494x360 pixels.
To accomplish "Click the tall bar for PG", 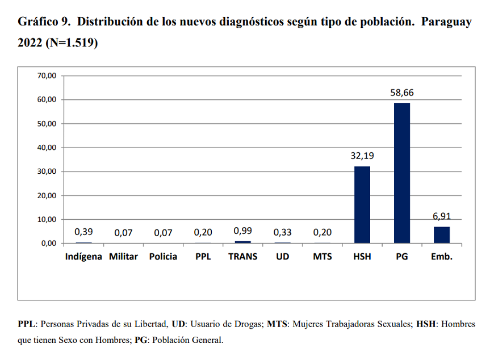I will pyautogui.click(x=401, y=173).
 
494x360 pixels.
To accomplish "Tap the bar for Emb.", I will pyautogui.click(x=442, y=235).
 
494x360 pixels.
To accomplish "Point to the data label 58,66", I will pyautogui.click(x=402, y=93).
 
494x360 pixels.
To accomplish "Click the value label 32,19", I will pyautogui.click(x=362, y=156).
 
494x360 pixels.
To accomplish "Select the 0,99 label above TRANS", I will pyautogui.click(x=242, y=231).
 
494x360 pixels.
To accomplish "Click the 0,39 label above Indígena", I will pyautogui.click(x=83, y=232).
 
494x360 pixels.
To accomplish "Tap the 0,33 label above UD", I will pyautogui.click(x=282, y=232).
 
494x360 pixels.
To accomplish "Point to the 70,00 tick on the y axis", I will pyautogui.click(x=47, y=76).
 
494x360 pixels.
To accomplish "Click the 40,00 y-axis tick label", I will pyautogui.click(x=47, y=148).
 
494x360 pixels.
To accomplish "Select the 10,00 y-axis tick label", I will pyautogui.click(x=47, y=219).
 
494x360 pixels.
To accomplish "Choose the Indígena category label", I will pyautogui.click(x=83, y=257).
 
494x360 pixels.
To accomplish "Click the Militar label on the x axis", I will pyautogui.click(x=123, y=257).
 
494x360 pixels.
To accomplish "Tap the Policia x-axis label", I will pyautogui.click(x=163, y=257).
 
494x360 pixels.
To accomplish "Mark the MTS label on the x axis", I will pyautogui.click(x=322, y=257).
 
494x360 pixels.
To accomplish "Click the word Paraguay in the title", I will pyautogui.click(x=446, y=22).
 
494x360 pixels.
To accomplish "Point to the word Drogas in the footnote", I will pyautogui.click(x=247, y=324).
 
